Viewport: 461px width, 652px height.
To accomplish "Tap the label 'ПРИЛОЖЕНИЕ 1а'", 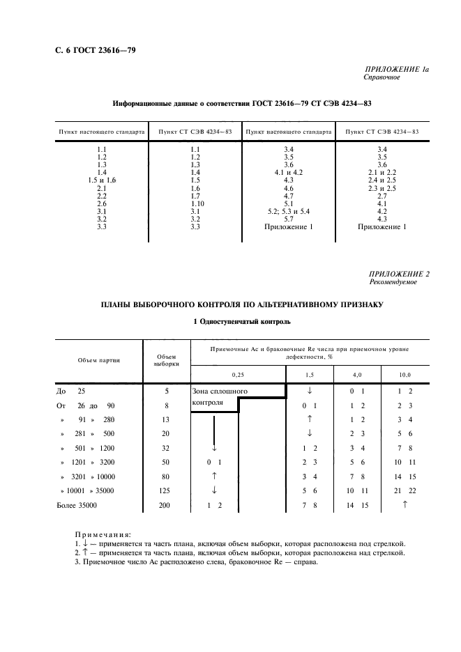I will click(x=397, y=70).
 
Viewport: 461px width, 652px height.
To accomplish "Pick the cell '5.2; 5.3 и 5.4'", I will click(x=288, y=210).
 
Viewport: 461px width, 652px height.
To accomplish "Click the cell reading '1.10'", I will click(x=195, y=203).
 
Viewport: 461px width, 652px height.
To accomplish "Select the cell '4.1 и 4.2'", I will click(x=288, y=172).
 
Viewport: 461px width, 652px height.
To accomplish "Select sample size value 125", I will click(x=165, y=490).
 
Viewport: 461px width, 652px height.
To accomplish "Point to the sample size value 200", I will click(x=165, y=506).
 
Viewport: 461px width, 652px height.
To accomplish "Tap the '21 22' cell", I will click(x=405, y=490).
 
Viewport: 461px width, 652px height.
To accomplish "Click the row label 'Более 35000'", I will click(x=77, y=506).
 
